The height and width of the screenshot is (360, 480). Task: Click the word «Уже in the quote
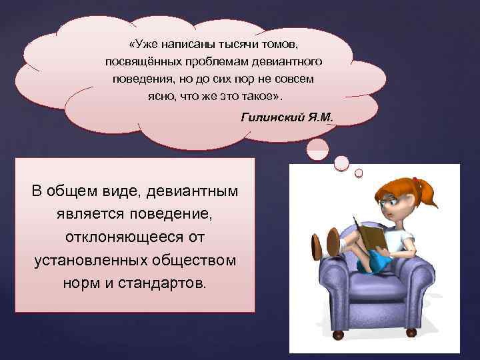tap(144, 44)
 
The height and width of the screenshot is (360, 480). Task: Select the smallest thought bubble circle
tap(359, 173)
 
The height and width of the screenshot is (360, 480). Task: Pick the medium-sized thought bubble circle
tap(341, 162)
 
